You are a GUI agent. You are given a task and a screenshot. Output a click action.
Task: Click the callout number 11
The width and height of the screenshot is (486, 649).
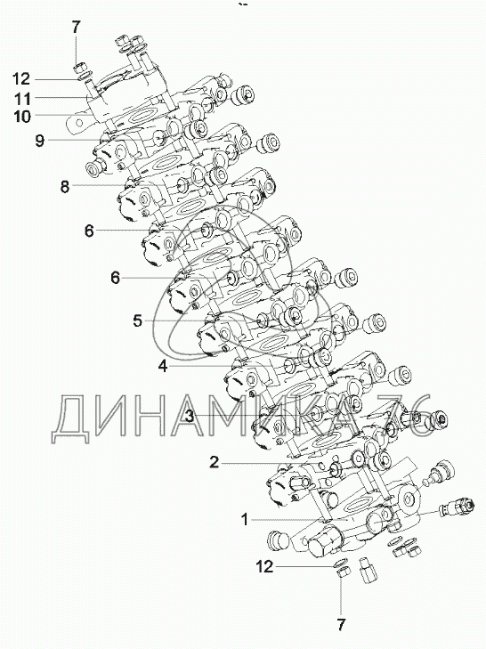click(x=22, y=99)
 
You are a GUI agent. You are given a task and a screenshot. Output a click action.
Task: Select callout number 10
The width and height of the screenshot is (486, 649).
click(x=22, y=117)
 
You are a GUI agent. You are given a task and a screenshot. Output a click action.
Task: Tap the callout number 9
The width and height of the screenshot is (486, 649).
click(x=40, y=142)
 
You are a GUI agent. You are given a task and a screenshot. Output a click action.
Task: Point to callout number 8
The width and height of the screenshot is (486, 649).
click(x=65, y=187)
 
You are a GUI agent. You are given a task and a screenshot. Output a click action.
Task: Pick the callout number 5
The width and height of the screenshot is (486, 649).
click(x=138, y=320)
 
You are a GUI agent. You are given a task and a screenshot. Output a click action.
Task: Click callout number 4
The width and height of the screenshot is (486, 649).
click(x=164, y=366)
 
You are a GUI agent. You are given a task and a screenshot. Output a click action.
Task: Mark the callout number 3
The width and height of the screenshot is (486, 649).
click(x=190, y=416)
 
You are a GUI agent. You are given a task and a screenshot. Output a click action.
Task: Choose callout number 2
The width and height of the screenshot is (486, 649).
click(x=214, y=461)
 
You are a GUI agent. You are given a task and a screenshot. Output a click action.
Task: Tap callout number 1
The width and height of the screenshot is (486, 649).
click(x=245, y=519)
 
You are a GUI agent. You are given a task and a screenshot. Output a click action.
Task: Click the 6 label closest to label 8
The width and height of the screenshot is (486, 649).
click(x=89, y=231)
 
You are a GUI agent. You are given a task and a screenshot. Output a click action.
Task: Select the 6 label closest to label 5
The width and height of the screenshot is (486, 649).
click(x=115, y=277)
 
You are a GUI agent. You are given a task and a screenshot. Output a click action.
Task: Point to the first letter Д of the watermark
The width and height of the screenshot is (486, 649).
click(x=72, y=418)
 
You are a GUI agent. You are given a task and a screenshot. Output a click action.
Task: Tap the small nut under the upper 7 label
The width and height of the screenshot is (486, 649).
click(x=77, y=68)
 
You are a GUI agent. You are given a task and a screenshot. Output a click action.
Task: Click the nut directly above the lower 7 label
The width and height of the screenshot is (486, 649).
click(x=344, y=572)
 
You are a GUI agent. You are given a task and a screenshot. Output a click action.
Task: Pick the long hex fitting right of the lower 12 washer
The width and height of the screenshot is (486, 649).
click(x=368, y=570)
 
